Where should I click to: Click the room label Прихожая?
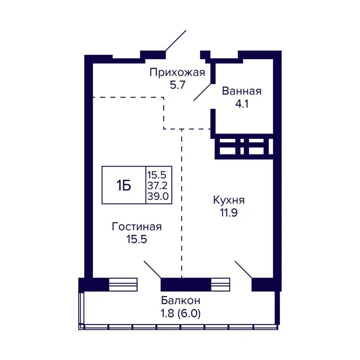pos(177,72)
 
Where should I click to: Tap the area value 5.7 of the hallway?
pos(177,85)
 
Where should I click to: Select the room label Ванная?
pos(242,91)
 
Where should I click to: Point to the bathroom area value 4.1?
pos(242,104)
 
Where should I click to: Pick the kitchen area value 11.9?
pos(229,213)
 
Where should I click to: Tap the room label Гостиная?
pos(137,227)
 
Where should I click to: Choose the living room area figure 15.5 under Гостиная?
pos(137,239)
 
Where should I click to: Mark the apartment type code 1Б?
pos(124,185)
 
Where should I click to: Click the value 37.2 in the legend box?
pos(158,185)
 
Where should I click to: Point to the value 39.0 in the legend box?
pos(158,196)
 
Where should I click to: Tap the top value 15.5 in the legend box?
pos(158,174)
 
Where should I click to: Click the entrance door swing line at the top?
pos(175,41)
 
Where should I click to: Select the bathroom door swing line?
pos(202,92)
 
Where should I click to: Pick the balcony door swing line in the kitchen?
pos(243,269)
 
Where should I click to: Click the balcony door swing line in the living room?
pos(152,269)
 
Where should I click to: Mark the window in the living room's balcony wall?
pos(123,285)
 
